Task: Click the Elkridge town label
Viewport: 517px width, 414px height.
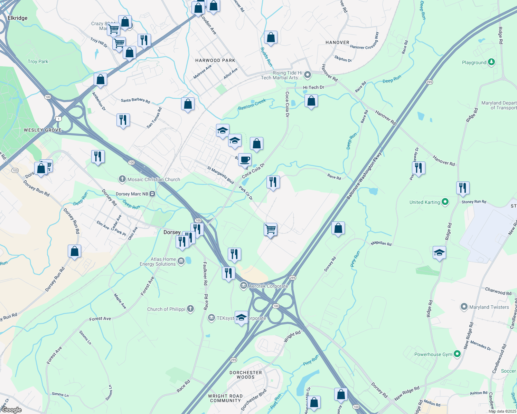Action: [x=17, y=18]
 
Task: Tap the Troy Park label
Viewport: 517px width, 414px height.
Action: [x=38, y=61]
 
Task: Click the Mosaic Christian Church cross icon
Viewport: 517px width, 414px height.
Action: [x=122, y=179]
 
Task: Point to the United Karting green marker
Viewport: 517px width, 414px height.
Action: [x=445, y=202]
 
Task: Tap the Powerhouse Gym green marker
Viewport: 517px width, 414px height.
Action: [x=457, y=354]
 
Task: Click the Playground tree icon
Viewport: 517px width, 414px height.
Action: [x=491, y=62]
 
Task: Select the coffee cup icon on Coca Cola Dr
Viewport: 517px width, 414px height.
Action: [x=245, y=160]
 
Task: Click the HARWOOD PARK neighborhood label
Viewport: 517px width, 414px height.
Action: [x=215, y=60]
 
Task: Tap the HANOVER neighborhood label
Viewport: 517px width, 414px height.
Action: [x=337, y=42]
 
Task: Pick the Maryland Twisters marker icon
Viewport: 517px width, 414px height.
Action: [x=464, y=307]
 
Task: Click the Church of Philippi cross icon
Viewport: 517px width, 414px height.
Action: [x=190, y=309]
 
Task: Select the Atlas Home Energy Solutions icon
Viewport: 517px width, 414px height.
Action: [x=181, y=262]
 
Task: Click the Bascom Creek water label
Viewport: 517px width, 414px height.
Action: [x=252, y=105]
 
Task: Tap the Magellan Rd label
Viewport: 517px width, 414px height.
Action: [x=381, y=243]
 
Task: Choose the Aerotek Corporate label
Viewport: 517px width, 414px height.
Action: [x=269, y=286]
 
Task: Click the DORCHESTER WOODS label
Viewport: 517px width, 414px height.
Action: [x=246, y=375]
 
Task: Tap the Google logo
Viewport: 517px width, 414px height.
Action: [x=12, y=410]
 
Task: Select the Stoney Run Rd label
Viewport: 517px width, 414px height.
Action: [x=474, y=202]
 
